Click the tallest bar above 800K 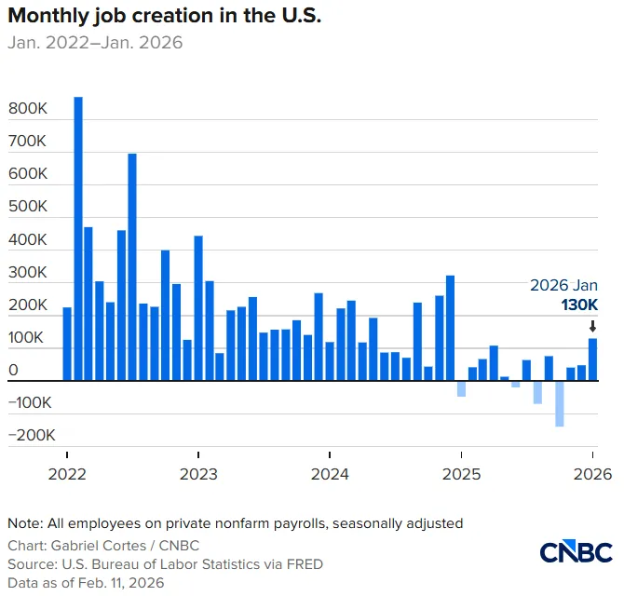click(x=78, y=238)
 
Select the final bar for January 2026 click(x=592, y=359)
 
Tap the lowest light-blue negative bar click(x=560, y=404)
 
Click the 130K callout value click(x=579, y=305)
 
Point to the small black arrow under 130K click(x=592, y=326)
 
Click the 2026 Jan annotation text click(x=563, y=285)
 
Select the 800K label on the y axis click(x=27, y=108)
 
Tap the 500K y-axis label click(x=27, y=206)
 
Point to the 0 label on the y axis click(x=13, y=370)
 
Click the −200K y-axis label click(x=32, y=435)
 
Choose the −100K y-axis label click(x=30, y=402)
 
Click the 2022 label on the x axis click(x=67, y=474)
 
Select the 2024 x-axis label click(x=330, y=474)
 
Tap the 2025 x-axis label click(x=461, y=474)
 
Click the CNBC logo click(x=576, y=551)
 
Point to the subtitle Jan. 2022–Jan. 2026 click(x=95, y=43)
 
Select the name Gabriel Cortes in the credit click(x=99, y=546)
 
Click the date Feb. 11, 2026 click(x=121, y=583)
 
